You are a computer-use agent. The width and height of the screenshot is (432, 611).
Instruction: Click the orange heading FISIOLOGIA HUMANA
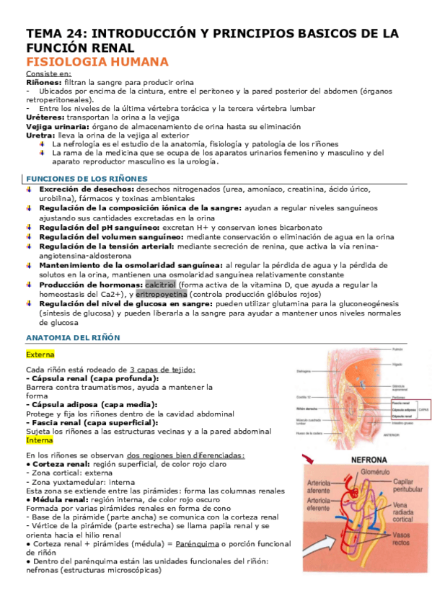(97, 62)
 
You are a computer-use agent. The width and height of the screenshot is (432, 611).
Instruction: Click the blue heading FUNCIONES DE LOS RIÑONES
(87, 179)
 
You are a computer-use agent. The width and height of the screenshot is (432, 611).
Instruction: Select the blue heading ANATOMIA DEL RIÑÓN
(73, 337)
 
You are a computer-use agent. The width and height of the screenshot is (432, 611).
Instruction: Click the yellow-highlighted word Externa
(40, 354)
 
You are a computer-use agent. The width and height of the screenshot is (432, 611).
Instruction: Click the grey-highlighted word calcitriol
(165, 283)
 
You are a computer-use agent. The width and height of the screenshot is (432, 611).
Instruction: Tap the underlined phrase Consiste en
(48, 74)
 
